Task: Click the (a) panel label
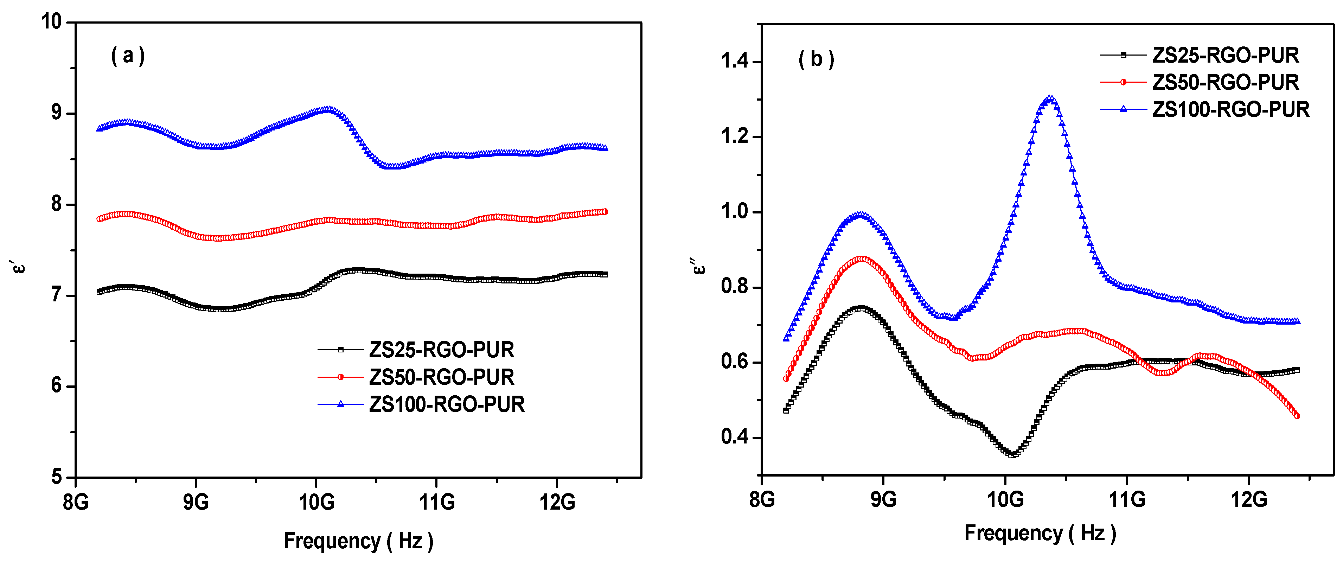tap(128, 55)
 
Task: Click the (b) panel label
tap(816, 59)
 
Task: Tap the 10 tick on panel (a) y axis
tap(52, 21)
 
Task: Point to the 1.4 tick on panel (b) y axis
tap(734, 62)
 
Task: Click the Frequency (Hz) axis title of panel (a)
tap(358, 541)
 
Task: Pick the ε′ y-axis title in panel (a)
tap(18, 267)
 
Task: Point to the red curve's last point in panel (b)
tap(1297, 416)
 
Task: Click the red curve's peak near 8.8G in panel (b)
tap(861, 258)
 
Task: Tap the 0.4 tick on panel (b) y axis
tap(734, 437)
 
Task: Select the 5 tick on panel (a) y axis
tap(56, 477)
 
